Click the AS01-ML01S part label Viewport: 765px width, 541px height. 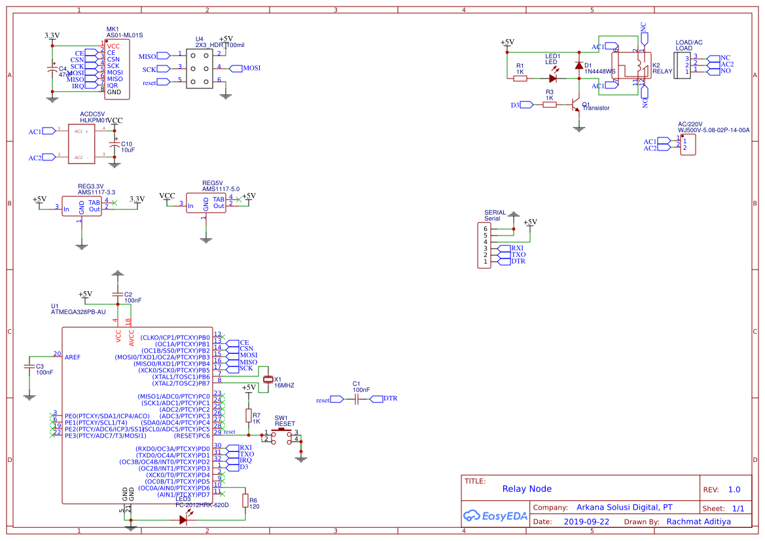(x=124, y=35)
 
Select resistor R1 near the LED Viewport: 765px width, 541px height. (x=520, y=79)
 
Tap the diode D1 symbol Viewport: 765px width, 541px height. (x=578, y=65)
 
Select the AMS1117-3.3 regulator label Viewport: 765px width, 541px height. (x=97, y=192)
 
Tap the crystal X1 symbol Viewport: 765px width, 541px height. (x=267, y=379)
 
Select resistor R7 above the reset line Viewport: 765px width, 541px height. (x=249, y=415)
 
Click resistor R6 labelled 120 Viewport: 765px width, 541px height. (x=245, y=501)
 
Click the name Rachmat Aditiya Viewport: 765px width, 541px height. (x=698, y=522)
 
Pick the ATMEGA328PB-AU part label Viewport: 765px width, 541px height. (x=79, y=313)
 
